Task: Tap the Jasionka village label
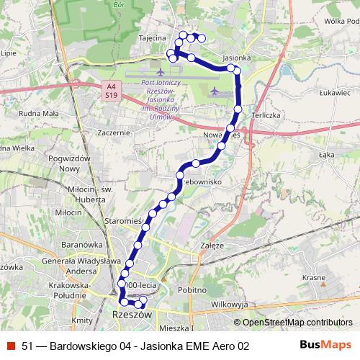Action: click(237, 58)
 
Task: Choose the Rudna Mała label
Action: click(40, 112)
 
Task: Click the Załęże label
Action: click(211, 245)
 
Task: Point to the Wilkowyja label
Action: click(230, 305)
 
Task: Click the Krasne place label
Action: click(315, 277)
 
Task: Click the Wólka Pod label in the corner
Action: click(341, 21)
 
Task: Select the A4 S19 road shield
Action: click(110, 90)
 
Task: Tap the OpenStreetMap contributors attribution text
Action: click(298, 323)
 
